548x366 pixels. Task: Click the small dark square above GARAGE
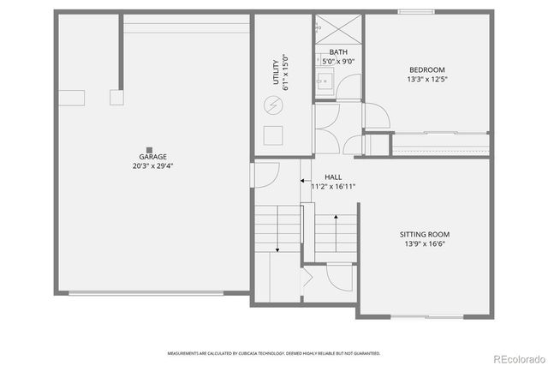coord(150,148)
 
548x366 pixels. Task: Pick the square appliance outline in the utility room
coord(274,135)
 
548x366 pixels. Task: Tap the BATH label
coord(338,53)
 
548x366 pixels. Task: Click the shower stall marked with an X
coord(328,28)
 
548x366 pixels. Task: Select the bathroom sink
coord(325,82)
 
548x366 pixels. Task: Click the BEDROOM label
coord(426,70)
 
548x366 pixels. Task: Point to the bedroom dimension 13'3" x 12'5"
coord(426,80)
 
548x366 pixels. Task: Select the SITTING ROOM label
coord(424,234)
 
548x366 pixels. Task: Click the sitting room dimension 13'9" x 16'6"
coord(424,243)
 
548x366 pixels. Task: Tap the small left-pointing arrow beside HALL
coord(304,181)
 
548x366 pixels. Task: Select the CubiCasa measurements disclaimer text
coord(273,352)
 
